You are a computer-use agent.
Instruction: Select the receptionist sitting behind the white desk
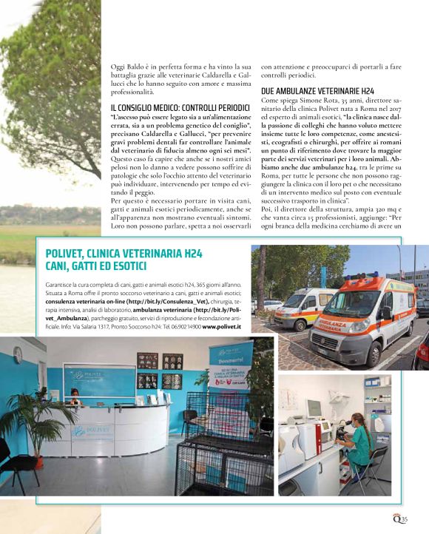click(x=74, y=394)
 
